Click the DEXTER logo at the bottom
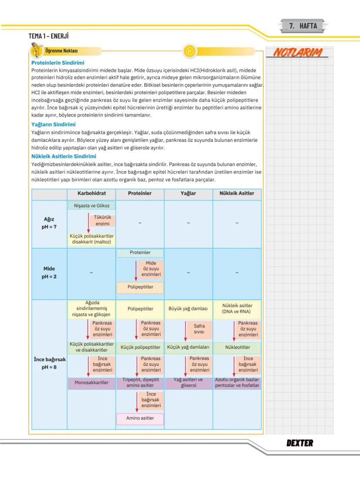(x=300, y=443)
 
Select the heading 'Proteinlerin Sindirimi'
(x=58, y=63)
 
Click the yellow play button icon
(x=190, y=51)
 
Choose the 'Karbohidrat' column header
(x=92, y=193)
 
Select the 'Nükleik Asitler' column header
(x=237, y=193)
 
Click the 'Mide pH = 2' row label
(x=49, y=272)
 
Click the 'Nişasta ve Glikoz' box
(x=91, y=205)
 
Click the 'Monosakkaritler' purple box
(x=91, y=383)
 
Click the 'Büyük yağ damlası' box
(x=188, y=309)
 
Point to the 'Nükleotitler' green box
(x=237, y=348)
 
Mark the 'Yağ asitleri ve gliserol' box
(x=188, y=383)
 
